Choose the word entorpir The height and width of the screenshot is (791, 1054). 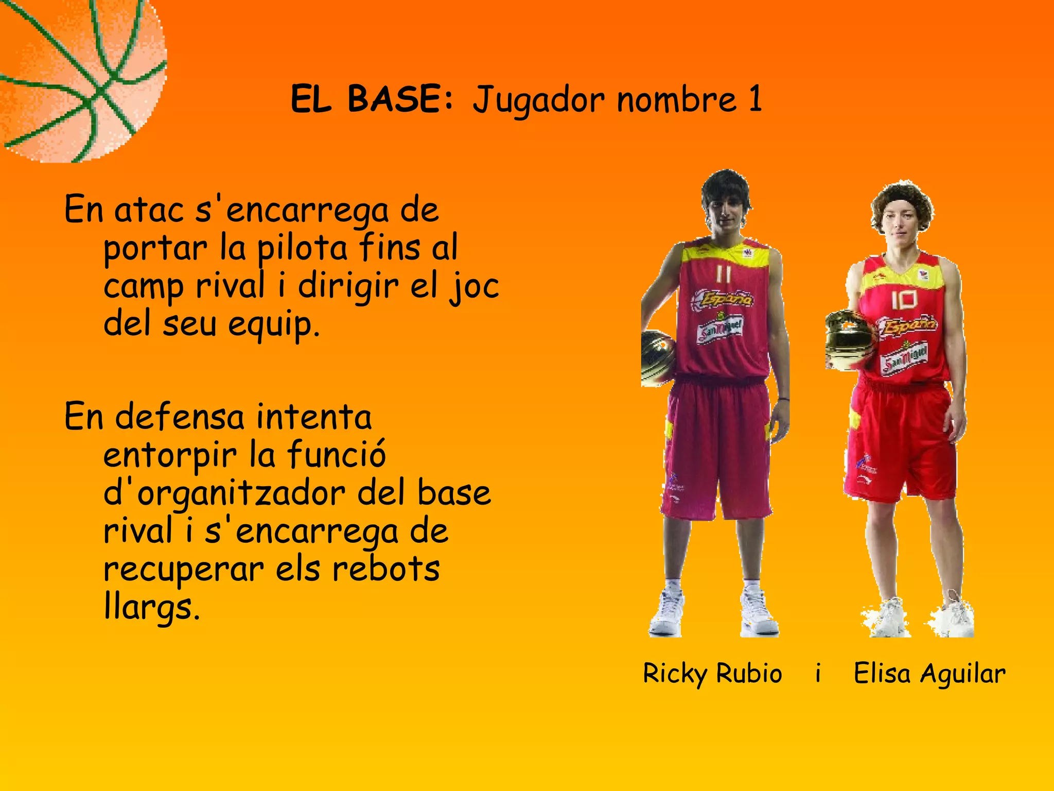coord(170,455)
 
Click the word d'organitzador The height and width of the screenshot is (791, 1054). coord(224,493)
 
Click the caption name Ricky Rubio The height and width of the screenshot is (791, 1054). coord(712,674)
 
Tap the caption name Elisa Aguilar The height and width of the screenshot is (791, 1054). coord(929,674)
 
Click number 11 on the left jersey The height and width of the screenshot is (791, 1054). coord(724,274)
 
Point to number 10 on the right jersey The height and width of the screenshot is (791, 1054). coord(904,300)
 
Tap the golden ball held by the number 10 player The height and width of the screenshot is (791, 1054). coord(850,340)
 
